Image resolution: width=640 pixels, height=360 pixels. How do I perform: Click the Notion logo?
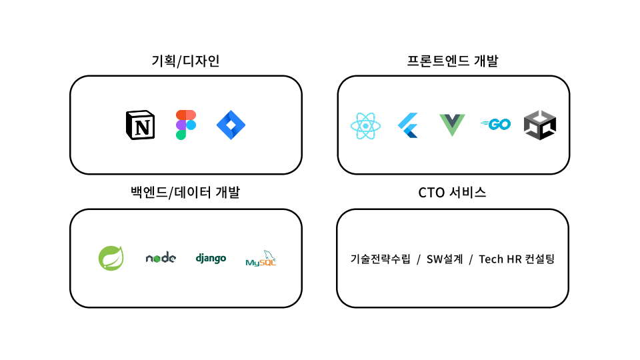click(x=141, y=125)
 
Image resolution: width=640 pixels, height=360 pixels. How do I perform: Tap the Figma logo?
click(x=186, y=125)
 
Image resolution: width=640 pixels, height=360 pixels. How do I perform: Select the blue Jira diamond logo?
click(x=231, y=125)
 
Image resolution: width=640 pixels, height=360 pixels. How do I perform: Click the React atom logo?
click(x=366, y=126)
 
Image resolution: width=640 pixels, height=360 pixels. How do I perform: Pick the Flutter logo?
click(x=408, y=125)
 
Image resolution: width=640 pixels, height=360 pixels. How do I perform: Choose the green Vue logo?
click(x=452, y=125)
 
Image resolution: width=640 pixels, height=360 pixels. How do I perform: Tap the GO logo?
click(x=496, y=124)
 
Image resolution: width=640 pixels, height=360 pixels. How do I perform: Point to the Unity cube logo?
click(x=540, y=125)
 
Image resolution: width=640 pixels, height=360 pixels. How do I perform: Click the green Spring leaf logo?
click(x=111, y=258)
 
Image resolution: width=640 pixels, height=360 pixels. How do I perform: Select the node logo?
click(x=161, y=257)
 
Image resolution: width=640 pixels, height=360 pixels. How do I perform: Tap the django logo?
click(x=211, y=258)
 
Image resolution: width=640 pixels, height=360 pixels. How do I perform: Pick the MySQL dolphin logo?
click(x=261, y=259)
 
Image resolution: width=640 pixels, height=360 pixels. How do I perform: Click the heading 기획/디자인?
click(x=186, y=61)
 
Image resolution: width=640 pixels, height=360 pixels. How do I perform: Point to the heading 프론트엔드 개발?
click(x=453, y=61)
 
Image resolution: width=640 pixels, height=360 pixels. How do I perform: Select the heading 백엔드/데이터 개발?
click(x=185, y=192)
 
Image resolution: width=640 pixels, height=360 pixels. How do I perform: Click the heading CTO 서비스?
click(x=452, y=192)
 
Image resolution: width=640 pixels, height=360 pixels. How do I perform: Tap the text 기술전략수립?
click(x=381, y=259)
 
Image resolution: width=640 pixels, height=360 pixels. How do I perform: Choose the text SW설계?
click(x=445, y=259)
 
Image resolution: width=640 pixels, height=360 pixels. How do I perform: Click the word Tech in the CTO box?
click(x=491, y=259)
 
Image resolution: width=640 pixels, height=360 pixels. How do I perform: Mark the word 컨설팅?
click(x=539, y=259)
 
